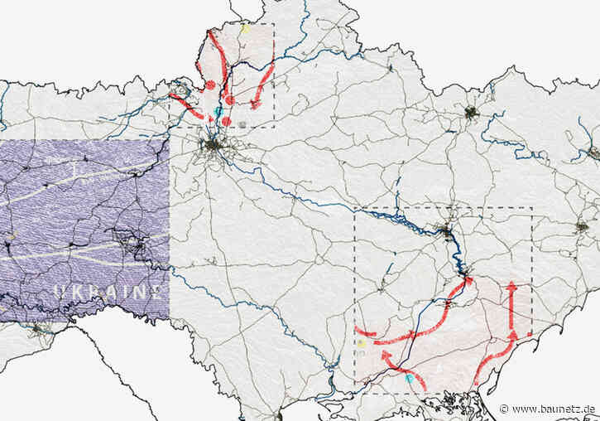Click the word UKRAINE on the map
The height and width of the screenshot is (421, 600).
[107, 291]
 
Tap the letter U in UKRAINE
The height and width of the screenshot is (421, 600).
[60, 291]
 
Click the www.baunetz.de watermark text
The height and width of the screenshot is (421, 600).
[553, 409]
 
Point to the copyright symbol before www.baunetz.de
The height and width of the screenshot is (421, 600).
[505, 409]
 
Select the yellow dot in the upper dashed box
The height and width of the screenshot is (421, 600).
[245, 28]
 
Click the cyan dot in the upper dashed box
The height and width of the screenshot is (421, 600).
[218, 110]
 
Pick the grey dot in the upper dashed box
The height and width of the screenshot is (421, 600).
[241, 123]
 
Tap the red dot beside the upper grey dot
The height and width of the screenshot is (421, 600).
[226, 121]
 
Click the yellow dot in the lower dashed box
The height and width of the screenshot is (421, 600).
[361, 343]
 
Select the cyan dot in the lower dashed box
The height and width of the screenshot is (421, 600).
[409, 378]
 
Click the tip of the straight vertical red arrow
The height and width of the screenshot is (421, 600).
[511, 284]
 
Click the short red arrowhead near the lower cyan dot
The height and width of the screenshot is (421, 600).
[385, 354]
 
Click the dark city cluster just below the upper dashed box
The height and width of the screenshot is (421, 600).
[214, 148]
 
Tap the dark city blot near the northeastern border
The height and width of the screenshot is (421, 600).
[471, 113]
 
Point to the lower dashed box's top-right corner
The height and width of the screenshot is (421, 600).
[531, 207]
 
